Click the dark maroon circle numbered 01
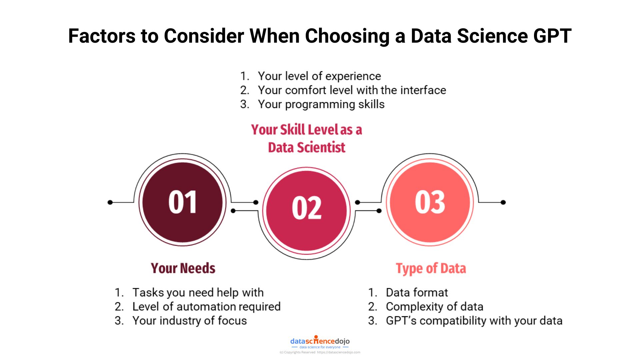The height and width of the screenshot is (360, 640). pyautogui.click(x=182, y=202)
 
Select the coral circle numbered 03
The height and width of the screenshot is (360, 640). pyautogui.click(x=430, y=202)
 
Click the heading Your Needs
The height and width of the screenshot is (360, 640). pyautogui.click(x=183, y=268)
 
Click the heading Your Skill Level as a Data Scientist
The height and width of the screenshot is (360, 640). pyautogui.click(x=306, y=138)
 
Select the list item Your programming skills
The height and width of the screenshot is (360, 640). pyautogui.click(x=321, y=104)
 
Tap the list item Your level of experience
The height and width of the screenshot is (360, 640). pyautogui.click(x=319, y=76)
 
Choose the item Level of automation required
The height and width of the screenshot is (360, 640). pyautogui.click(x=206, y=307)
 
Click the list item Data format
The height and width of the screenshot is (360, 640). pyautogui.click(x=416, y=293)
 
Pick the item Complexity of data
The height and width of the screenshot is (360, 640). pyautogui.click(x=434, y=307)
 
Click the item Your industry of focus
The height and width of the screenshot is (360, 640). pyautogui.click(x=189, y=321)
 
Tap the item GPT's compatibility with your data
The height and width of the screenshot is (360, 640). pyautogui.click(x=474, y=321)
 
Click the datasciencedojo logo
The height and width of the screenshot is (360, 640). pyautogui.click(x=320, y=342)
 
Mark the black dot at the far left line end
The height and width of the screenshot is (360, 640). pyautogui.click(x=110, y=202)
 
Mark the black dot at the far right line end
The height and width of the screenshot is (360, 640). pyautogui.click(x=503, y=202)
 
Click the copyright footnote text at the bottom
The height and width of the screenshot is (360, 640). pyautogui.click(x=320, y=352)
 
